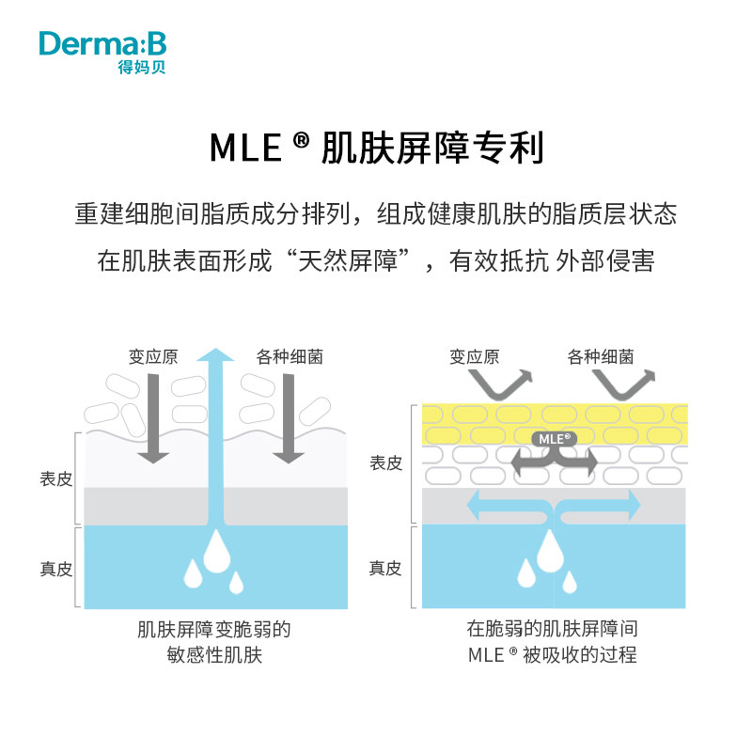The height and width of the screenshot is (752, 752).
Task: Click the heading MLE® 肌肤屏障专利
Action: click(376, 148)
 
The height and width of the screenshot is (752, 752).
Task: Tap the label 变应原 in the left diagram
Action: click(153, 357)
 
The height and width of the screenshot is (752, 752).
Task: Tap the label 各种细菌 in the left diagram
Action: click(290, 357)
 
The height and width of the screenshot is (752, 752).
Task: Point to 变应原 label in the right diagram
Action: click(474, 357)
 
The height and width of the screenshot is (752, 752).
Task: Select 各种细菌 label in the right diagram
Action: click(601, 357)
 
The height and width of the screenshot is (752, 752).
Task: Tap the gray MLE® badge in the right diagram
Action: click(554, 438)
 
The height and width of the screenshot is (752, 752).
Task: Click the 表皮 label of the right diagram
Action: click(385, 463)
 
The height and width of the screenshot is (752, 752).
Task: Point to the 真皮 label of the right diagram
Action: click(385, 569)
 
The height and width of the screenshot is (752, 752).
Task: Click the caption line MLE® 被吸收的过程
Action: click(553, 654)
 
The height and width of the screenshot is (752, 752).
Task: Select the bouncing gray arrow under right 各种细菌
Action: click(622, 384)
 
